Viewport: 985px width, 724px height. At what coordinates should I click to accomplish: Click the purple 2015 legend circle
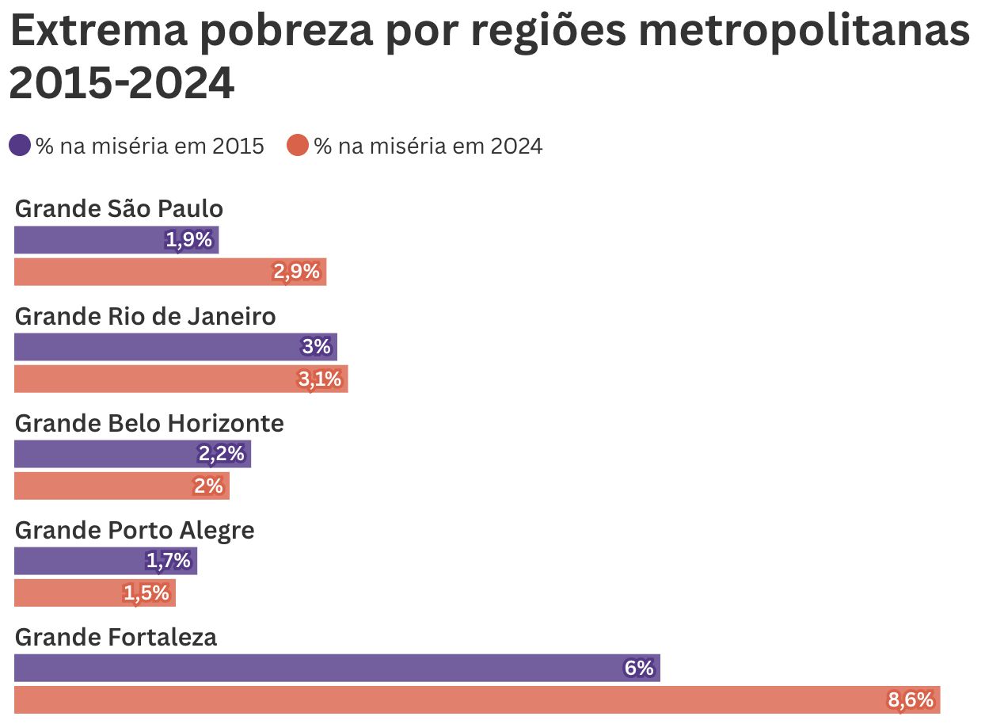(20, 146)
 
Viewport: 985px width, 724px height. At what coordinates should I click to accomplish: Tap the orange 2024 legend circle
(298, 146)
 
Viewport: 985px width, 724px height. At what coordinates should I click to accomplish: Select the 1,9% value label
(189, 240)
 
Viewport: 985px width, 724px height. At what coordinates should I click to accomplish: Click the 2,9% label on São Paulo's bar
(296, 272)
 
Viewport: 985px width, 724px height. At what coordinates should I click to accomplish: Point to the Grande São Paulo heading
(119, 208)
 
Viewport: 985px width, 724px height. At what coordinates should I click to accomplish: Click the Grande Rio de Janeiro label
(146, 316)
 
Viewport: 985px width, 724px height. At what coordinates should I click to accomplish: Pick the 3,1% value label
(320, 379)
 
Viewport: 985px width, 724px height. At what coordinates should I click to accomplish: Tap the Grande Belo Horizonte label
(149, 423)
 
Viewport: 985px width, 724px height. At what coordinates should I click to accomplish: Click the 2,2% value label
(222, 455)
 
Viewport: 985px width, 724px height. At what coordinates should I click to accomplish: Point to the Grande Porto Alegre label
(135, 530)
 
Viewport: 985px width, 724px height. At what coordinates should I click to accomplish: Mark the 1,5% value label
(146, 593)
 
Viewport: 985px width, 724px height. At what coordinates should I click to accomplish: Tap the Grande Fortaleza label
(116, 637)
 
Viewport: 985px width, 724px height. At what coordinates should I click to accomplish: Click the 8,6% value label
(911, 700)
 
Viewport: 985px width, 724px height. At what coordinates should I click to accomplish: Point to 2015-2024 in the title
(122, 83)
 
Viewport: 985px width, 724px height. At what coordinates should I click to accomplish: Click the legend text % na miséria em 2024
(428, 147)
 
